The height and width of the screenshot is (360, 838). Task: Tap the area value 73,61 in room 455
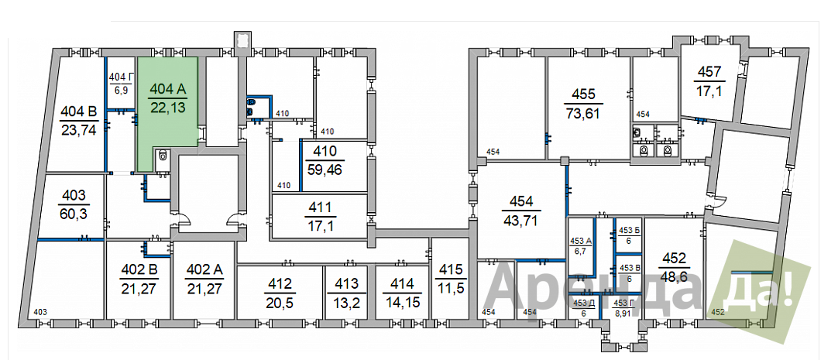pos(584,113)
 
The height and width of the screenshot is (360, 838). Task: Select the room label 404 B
pos(78,112)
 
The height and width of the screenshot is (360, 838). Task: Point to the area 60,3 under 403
pos(75,214)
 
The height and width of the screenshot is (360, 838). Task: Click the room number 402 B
pos(137,269)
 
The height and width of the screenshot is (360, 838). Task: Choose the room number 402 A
pos(205,269)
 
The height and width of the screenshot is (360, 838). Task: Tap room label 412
pos(279,283)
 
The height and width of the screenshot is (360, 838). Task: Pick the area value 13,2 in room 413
pos(347,303)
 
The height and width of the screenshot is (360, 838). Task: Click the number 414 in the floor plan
pos(402,283)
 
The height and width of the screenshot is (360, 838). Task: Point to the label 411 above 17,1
pos(320,207)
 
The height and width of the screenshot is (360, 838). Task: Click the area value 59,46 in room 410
pos(325,170)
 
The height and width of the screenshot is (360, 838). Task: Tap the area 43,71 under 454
pos(521,220)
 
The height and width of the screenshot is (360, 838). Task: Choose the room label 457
pos(709,71)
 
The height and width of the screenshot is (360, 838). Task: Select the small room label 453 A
pos(580,240)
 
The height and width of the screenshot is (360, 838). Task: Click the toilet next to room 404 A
pos(163,156)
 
